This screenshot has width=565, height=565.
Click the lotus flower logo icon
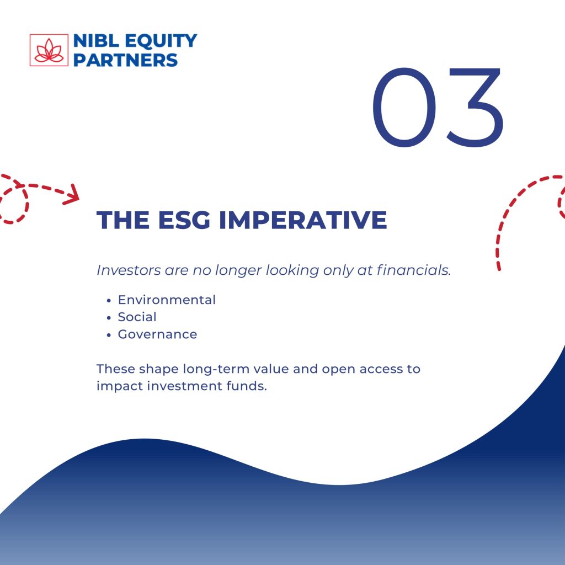click(49, 50)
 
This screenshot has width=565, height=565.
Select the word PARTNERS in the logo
click(125, 60)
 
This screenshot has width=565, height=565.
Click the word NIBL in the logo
click(96, 41)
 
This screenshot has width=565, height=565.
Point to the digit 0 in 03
click(404, 108)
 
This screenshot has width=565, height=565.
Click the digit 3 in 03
click(475, 108)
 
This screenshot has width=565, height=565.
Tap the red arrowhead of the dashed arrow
click(72, 194)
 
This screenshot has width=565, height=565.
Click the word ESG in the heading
click(184, 220)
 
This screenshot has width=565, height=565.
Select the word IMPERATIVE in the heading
click(303, 220)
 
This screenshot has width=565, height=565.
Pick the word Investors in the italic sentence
click(129, 270)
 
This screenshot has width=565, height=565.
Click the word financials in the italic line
click(414, 270)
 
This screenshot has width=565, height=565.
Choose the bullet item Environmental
click(167, 300)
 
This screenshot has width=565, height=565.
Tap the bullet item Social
click(137, 317)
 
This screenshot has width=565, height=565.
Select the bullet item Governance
click(157, 334)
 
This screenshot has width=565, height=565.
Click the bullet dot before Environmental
click(109, 301)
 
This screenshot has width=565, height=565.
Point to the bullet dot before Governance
click(109, 335)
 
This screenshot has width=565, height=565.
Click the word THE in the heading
click(123, 220)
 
